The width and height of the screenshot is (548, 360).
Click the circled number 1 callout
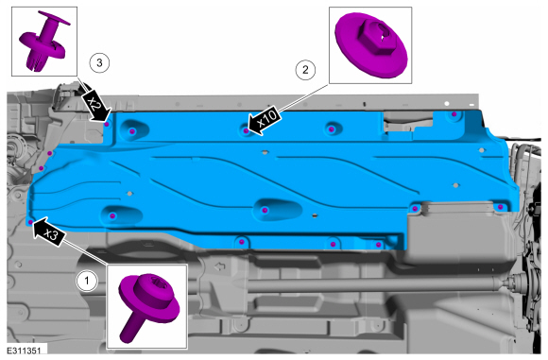(x=87, y=281)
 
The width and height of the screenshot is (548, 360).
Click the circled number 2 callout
(x=305, y=70)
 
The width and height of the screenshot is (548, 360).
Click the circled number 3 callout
(x=99, y=63)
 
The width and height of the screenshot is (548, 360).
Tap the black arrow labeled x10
(x=264, y=122)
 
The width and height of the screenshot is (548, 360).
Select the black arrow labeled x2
(x=96, y=106)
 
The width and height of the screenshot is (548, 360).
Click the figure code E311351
(x=25, y=351)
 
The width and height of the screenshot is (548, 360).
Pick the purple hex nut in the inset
(x=371, y=45)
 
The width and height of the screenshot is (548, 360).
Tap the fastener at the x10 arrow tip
(x=246, y=131)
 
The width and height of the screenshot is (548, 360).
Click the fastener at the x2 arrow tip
(x=107, y=124)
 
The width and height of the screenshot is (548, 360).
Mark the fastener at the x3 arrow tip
(x=30, y=222)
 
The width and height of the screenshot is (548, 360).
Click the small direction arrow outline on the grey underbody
(x=219, y=267)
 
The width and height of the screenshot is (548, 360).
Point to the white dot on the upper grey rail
(x=446, y=104)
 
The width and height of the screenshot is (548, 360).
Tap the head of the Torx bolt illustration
(x=149, y=298)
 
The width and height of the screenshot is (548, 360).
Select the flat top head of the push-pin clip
(x=54, y=18)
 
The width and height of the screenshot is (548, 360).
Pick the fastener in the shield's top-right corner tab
(x=454, y=114)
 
